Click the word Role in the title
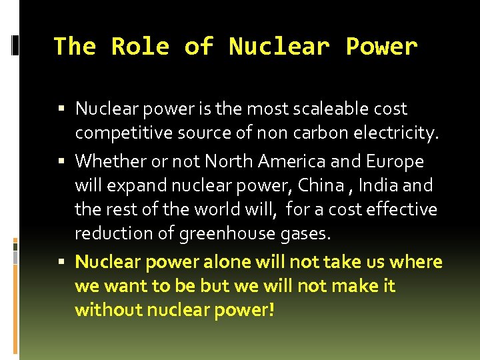click(140, 47)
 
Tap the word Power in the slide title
click(381, 47)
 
